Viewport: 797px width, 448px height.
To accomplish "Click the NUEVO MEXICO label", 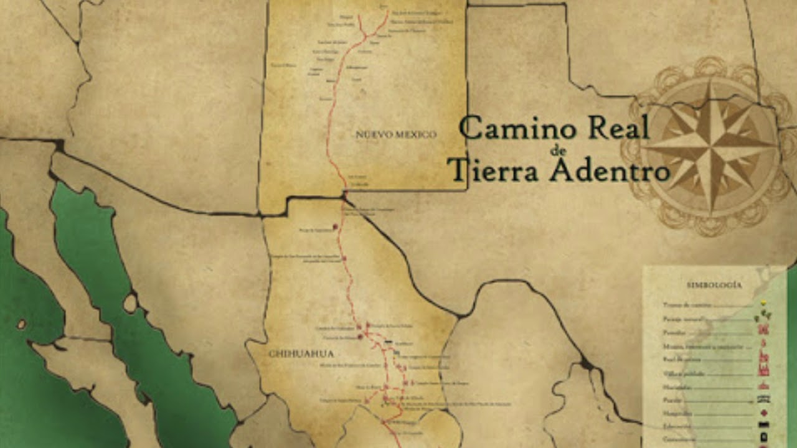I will tap(396, 134).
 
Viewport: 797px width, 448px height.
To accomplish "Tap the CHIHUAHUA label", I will tap(301, 353).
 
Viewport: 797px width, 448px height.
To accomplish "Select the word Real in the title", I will tap(618, 127).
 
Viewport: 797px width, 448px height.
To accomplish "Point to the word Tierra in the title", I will tap(492, 169).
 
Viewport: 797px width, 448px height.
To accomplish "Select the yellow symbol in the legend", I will tap(763, 304).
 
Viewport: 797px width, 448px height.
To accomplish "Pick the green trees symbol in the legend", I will tap(763, 315).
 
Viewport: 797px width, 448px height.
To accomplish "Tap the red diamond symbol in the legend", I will tap(763, 413).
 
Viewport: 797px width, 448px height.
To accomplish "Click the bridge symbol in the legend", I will tap(763, 399).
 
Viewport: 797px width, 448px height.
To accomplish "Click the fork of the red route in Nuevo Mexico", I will tap(365, 36).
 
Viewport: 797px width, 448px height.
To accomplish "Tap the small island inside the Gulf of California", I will tap(130, 303).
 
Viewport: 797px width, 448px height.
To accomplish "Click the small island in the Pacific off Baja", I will tap(21, 324).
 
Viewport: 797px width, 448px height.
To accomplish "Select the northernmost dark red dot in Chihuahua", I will tap(336, 227).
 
